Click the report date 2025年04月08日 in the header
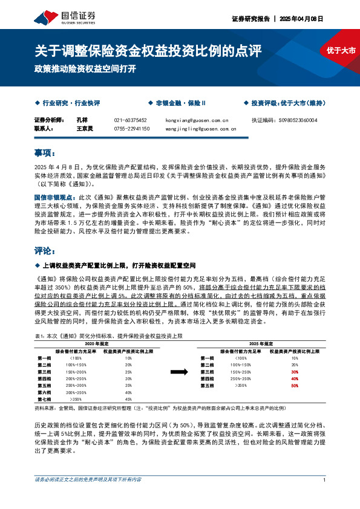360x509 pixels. click(x=301, y=19)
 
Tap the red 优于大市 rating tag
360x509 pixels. click(x=336, y=52)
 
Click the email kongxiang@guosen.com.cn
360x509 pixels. click(x=196, y=120)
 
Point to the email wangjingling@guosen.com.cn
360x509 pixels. click(x=200, y=128)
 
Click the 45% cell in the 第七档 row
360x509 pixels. click(x=128, y=399)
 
